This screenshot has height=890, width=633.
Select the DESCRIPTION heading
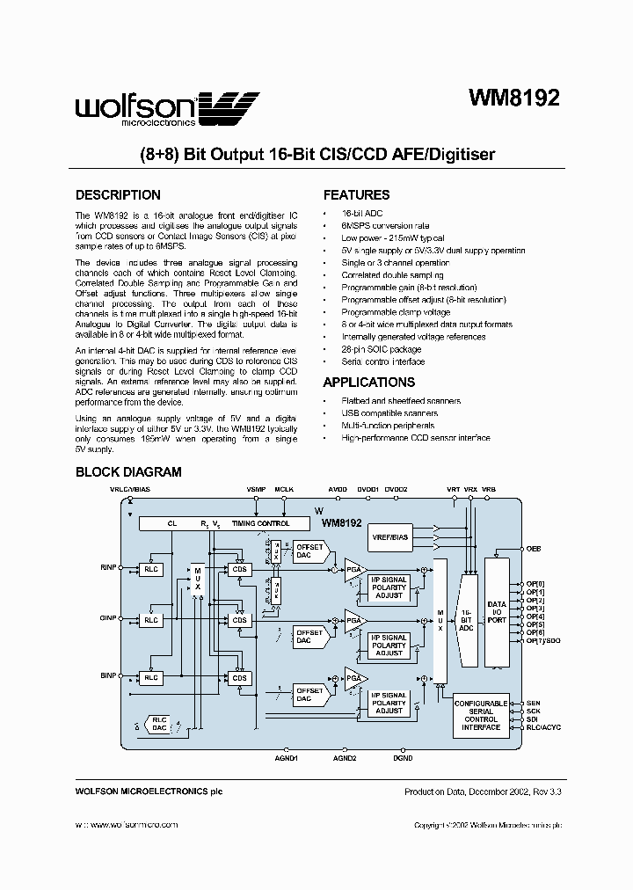coord(118,195)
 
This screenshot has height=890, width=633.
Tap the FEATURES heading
coord(357,195)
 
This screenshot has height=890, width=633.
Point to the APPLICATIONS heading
coord(369,383)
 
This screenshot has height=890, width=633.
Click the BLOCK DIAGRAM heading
coord(128,472)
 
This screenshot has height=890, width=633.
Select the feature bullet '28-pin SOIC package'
coord(381,349)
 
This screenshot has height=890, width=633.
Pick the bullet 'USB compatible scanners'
coord(389,413)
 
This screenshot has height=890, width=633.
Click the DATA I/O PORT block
coord(498,611)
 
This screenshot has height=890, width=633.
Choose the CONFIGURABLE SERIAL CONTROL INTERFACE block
coord(481,715)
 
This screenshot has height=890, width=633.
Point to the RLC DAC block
coord(159,723)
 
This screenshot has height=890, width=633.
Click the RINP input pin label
coord(108,569)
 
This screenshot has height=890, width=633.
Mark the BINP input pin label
coord(108,675)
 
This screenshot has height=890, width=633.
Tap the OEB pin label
coord(534,548)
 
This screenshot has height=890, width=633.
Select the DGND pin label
coord(403,758)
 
